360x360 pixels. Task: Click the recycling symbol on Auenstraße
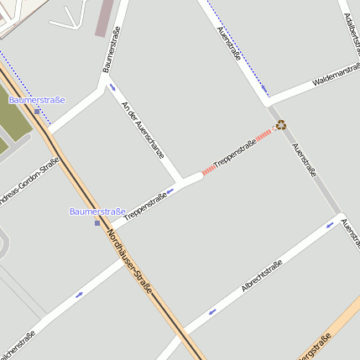click(x=281, y=124)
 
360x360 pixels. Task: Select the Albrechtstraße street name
click(x=261, y=275)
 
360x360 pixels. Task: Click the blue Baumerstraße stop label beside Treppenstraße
click(x=97, y=211)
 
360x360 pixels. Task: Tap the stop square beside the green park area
click(x=37, y=110)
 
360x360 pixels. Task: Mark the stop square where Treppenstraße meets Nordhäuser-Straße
click(x=97, y=222)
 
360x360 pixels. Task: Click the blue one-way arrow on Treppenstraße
click(x=169, y=191)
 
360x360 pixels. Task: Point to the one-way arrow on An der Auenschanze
click(x=112, y=86)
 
